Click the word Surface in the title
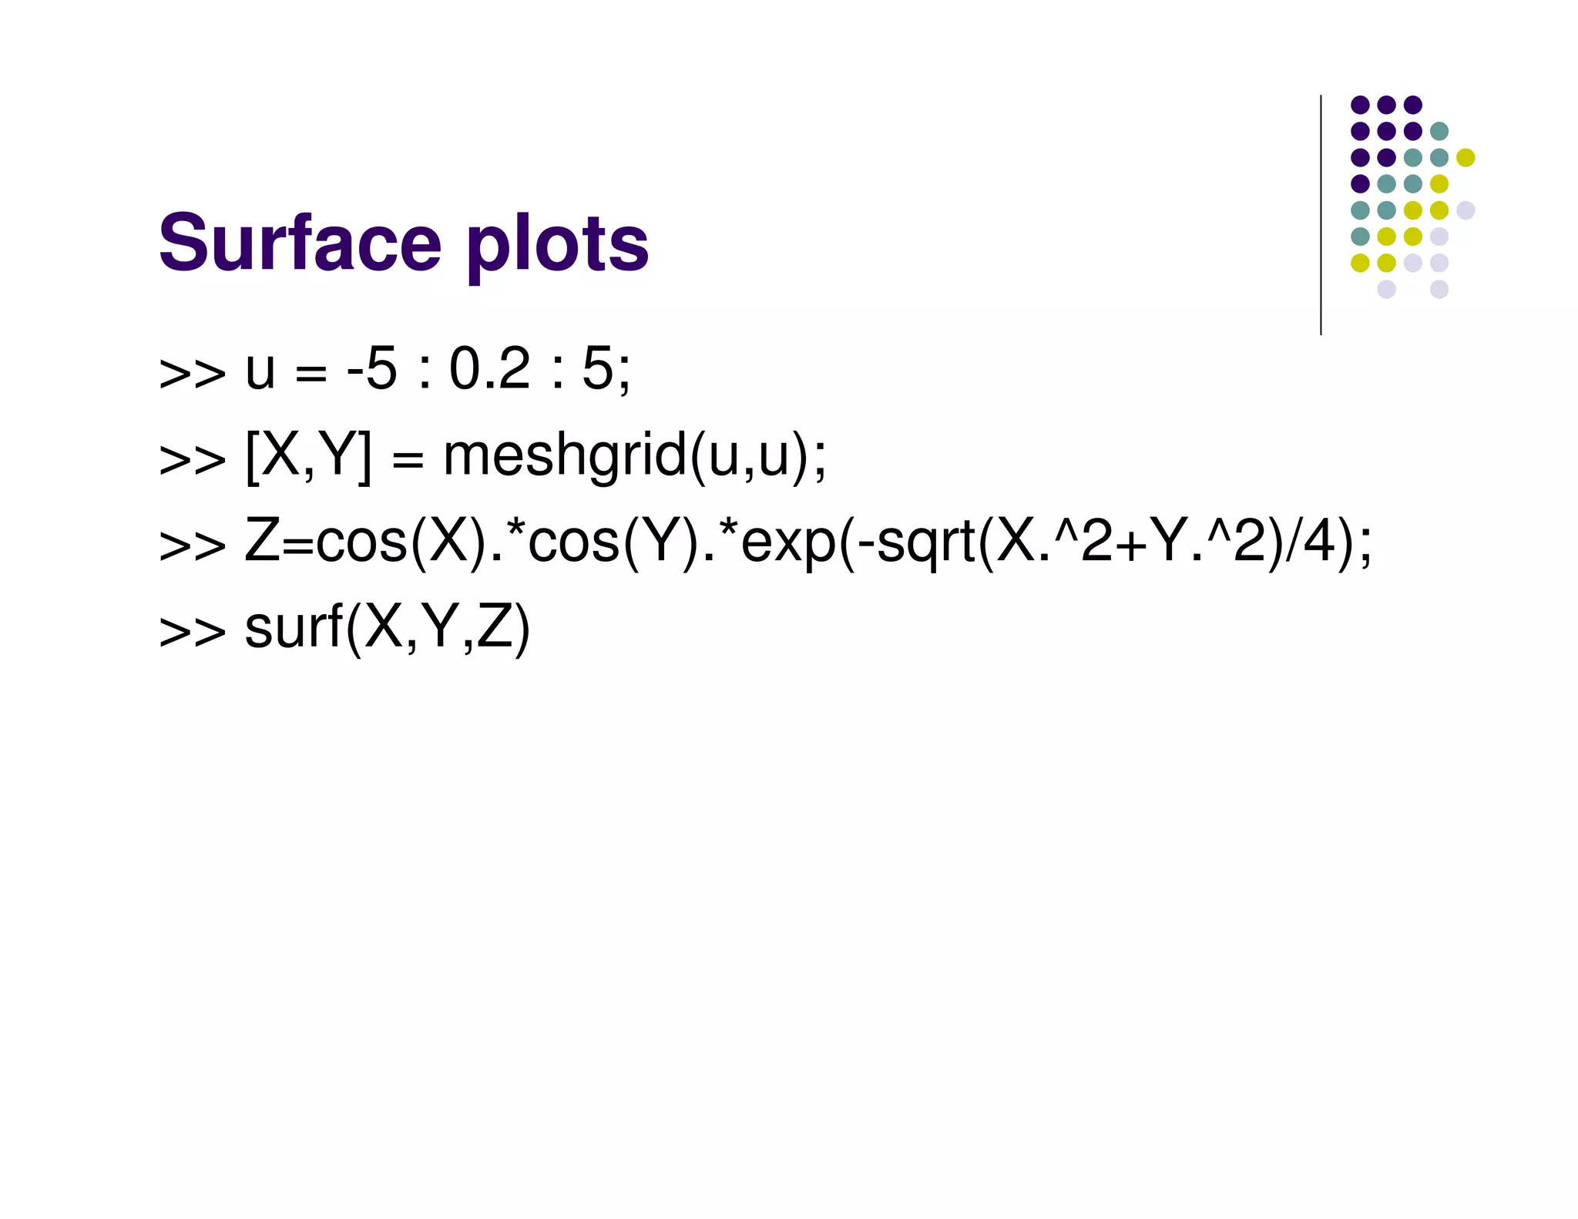(300, 243)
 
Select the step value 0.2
(489, 369)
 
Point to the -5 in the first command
(371, 369)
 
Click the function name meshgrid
(565, 455)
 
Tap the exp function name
(787, 543)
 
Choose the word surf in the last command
(293, 627)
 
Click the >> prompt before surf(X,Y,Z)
(192, 632)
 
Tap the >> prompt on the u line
(192, 373)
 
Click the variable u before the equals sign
(260, 371)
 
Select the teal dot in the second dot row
(1439, 131)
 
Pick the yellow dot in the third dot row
(1465, 157)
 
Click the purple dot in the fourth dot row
(1360, 183)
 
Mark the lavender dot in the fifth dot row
(1465, 210)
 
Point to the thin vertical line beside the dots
(1321, 216)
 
